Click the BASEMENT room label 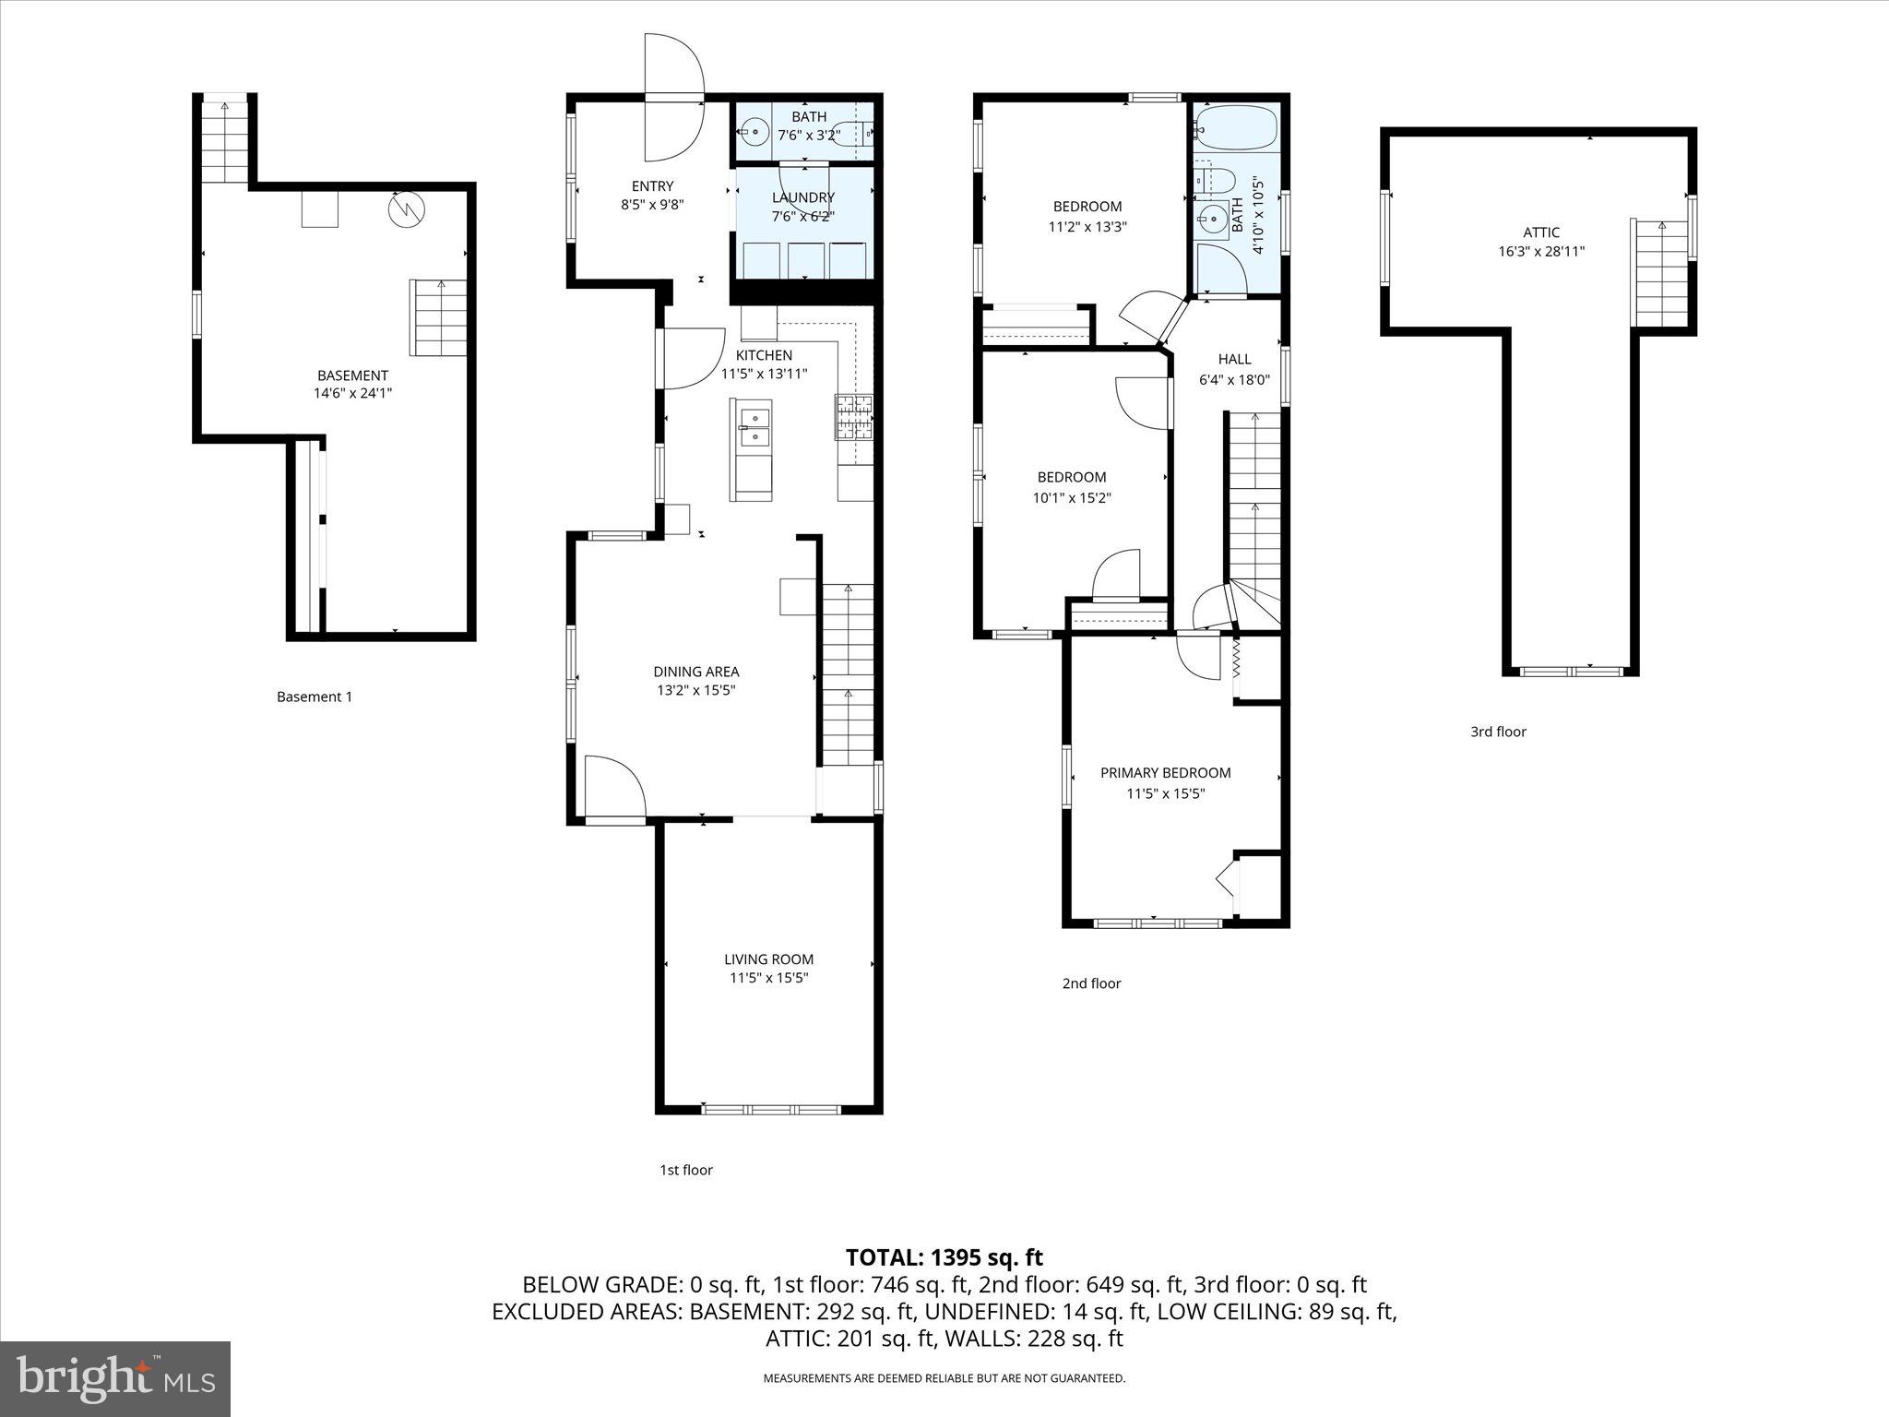point(352,375)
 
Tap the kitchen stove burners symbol point(853,416)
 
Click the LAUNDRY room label point(802,197)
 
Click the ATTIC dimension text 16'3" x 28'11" point(1541,251)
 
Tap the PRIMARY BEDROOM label point(1165,773)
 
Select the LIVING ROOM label point(768,959)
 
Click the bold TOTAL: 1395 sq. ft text point(944,1257)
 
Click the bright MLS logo point(115,1378)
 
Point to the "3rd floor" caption point(1498,732)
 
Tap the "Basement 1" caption point(315,697)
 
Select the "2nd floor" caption point(1091,983)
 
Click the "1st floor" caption point(685,1170)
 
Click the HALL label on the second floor point(1234,359)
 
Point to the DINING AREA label point(695,672)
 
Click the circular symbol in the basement point(406,209)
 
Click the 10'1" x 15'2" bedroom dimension point(1071,497)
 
